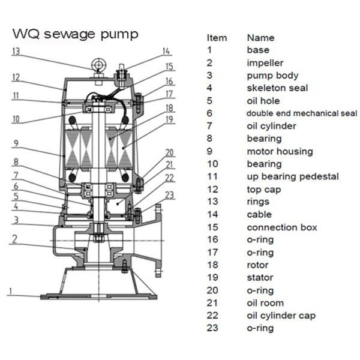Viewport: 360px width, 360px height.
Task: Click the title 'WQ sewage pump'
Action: click(75, 33)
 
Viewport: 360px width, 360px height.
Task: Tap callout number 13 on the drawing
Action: click(16, 52)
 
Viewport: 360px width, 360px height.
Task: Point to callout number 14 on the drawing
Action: click(166, 52)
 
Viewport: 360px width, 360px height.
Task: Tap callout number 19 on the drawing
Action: click(170, 121)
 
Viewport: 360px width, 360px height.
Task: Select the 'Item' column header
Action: click(217, 37)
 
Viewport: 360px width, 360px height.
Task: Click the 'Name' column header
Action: click(260, 37)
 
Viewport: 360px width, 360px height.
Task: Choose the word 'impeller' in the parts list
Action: click(265, 62)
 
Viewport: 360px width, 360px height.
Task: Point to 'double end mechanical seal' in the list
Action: click(302, 113)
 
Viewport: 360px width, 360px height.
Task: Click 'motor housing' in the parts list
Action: click(280, 151)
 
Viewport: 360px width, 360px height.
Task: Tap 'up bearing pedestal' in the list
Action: click(293, 176)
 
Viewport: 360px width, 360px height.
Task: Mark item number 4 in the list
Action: click(209, 88)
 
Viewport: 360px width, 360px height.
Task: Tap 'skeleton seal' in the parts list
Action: click(277, 88)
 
